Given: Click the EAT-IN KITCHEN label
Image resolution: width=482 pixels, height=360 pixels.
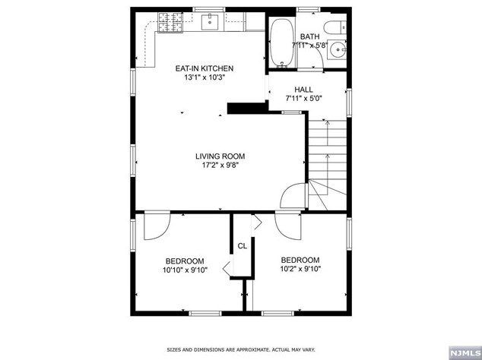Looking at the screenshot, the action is click(204, 68).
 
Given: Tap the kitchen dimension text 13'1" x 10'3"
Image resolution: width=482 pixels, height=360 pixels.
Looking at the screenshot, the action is click(205, 77).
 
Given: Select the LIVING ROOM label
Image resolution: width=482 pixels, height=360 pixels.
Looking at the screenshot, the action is click(220, 156).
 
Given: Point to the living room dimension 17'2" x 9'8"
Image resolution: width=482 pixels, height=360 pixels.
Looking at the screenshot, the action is click(220, 166).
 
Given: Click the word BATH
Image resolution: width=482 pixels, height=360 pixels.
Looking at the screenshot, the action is click(309, 36).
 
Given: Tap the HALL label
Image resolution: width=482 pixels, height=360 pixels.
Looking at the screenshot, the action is click(303, 90).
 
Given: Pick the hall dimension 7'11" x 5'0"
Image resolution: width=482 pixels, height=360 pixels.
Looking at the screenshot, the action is click(303, 99).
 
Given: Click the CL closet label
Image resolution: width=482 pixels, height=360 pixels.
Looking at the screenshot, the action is click(243, 246).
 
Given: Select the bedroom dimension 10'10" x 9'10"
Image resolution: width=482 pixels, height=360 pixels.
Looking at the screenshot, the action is click(185, 270).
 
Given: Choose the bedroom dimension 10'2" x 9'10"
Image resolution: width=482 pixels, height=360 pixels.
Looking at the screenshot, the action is click(300, 269).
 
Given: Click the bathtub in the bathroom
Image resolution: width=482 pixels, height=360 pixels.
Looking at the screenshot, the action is click(281, 43).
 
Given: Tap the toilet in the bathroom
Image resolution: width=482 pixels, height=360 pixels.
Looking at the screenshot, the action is click(335, 27).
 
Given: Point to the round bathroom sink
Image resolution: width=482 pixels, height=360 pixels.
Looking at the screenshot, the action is click(338, 49).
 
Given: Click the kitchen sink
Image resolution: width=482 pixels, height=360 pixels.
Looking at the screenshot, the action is click(210, 22).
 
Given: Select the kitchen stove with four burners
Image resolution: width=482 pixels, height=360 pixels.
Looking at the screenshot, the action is click(170, 22).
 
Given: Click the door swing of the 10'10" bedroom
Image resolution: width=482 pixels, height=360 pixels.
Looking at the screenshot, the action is click(157, 225).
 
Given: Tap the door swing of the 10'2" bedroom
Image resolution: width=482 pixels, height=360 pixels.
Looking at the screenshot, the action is click(288, 225).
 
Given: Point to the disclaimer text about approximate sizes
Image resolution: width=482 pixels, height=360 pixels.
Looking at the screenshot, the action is click(241, 349).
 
